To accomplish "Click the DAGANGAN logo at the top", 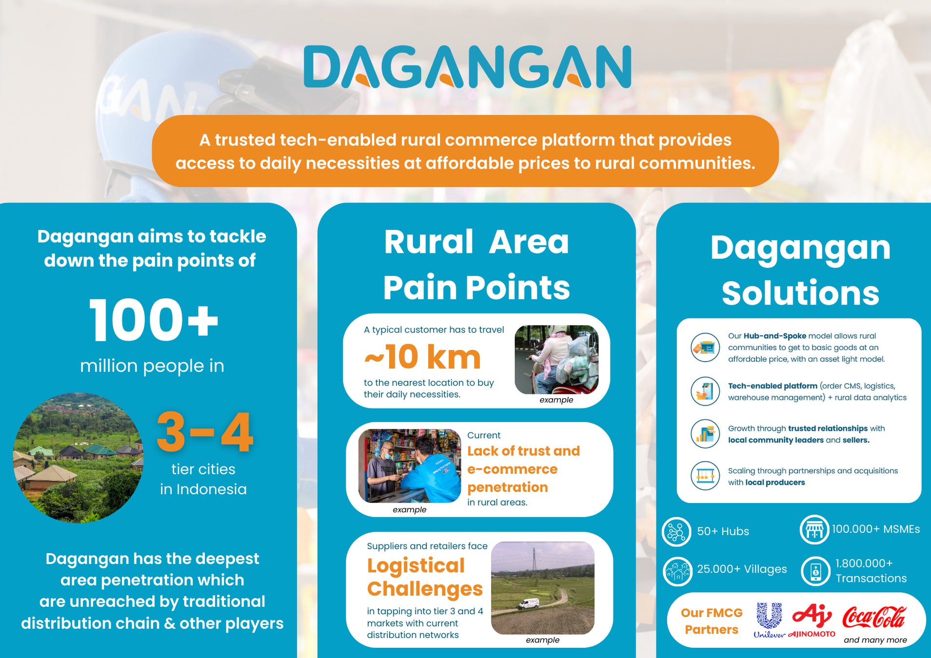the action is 467,67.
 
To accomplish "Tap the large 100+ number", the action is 154,320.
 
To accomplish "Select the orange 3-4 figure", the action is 205,432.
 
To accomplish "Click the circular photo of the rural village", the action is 78,458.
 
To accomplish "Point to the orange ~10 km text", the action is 422,357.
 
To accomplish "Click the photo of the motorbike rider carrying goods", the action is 556,360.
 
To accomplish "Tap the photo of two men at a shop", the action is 410,466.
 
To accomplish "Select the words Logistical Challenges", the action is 425,577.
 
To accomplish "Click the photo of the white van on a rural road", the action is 543,588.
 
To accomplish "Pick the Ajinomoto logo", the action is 812,620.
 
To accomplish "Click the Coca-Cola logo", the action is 874,617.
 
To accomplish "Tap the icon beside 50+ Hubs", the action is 676,531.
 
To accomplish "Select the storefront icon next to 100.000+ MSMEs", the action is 814,530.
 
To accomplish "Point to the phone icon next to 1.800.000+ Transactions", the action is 816,571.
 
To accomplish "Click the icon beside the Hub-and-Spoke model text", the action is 705,348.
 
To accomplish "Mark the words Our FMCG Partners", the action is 712,621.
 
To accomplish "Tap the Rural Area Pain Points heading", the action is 476,265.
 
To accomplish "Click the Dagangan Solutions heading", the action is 800,271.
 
